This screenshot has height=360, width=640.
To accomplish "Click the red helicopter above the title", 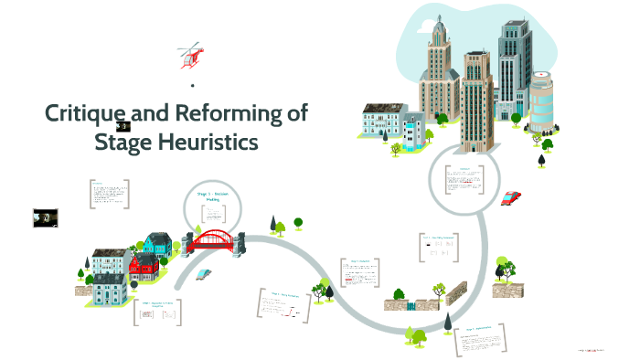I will pyautogui.click(x=191, y=56).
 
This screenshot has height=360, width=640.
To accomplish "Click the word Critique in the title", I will pyautogui.click(x=85, y=114).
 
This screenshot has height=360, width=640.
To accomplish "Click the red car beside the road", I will pyautogui.click(x=511, y=197).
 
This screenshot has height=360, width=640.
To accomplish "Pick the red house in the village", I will pyautogui.click(x=144, y=267).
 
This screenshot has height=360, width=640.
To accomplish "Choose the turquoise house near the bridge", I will pyautogui.click(x=157, y=243).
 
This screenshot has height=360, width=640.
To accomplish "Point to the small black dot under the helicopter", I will pyautogui.click(x=193, y=86).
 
